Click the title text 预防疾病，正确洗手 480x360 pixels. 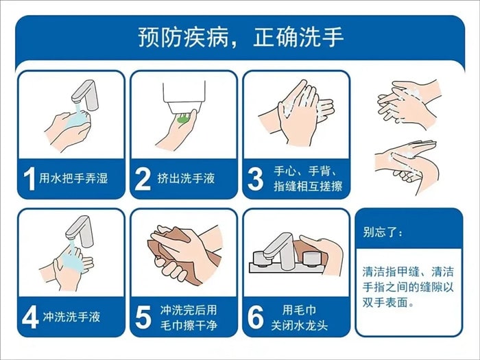(240, 36)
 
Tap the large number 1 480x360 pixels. (29, 180)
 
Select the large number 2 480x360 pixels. (142, 180)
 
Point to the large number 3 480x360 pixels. (255, 180)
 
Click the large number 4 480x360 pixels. (29, 317)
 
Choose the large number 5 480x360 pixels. (142, 317)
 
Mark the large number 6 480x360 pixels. (255, 317)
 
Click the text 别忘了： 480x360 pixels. (383, 233)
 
